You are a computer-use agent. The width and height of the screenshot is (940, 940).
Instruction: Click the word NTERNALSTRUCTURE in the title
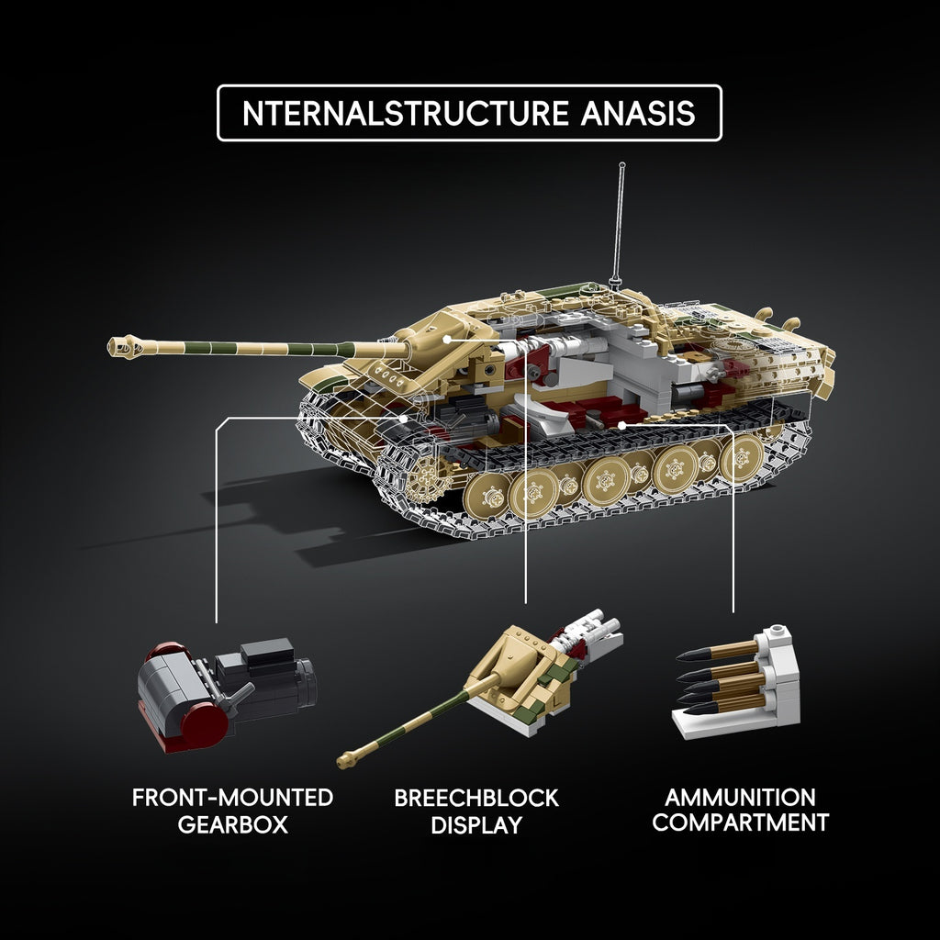click(x=405, y=113)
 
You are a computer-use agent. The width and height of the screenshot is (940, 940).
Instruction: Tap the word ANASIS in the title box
click(x=638, y=113)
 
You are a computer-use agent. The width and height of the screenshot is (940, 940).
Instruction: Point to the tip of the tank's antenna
click(x=621, y=164)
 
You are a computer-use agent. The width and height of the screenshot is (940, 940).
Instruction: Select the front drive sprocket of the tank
click(x=428, y=478)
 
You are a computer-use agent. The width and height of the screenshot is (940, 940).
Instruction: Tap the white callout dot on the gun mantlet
click(x=447, y=340)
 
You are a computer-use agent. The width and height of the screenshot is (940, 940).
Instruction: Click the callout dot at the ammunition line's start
click(x=622, y=425)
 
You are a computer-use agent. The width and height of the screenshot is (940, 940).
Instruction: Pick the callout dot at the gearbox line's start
click(x=404, y=418)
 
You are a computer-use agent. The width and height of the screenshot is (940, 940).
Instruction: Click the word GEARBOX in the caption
click(x=233, y=825)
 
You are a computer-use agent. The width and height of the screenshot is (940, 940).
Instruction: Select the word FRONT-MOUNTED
click(x=232, y=798)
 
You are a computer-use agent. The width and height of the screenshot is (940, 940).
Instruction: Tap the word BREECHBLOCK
click(x=476, y=798)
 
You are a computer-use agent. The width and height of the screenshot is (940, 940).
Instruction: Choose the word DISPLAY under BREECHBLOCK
click(x=476, y=825)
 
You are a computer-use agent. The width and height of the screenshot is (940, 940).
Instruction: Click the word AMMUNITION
click(x=741, y=798)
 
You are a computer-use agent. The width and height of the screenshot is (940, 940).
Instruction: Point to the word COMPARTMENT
click(x=741, y=822)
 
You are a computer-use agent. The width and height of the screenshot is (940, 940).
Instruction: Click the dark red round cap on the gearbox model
click(x=204, y=724)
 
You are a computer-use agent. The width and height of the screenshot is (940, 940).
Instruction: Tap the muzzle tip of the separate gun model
click(x=343, y=762)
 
